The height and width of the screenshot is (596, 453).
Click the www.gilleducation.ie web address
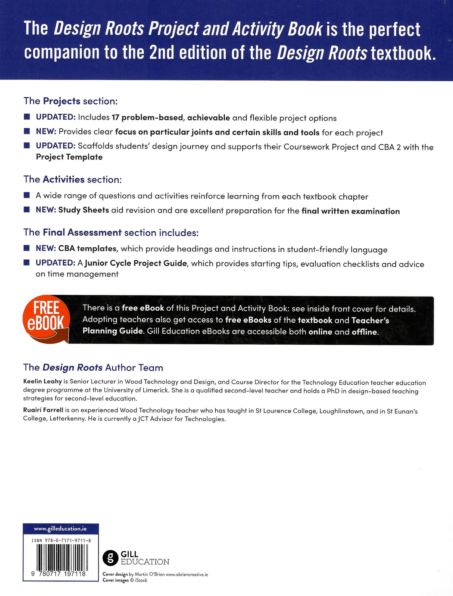(60, 528)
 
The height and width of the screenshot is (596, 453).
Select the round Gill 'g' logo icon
(110, 558)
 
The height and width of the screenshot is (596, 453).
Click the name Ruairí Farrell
(43, 410)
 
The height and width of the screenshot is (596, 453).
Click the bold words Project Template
(69, 157)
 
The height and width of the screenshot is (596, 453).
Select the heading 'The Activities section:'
(73, 179)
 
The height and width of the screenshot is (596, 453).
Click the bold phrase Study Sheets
(84, 210)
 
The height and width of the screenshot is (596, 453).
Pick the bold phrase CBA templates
(87, 249)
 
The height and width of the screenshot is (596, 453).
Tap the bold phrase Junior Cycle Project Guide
(136, 263)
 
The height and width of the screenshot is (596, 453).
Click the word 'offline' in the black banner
(365, 332)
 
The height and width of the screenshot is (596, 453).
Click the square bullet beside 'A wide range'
(26, 195)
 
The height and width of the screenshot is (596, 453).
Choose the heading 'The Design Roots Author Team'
(93, 367)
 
